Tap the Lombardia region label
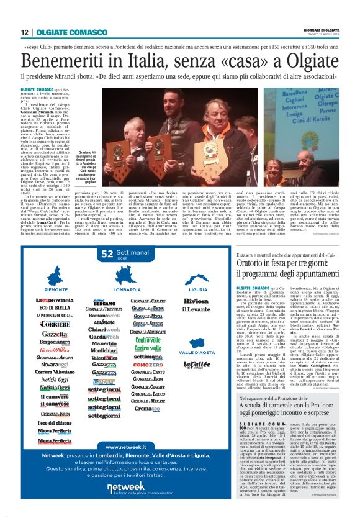coord(127,290)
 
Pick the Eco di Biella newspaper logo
coord(55,308)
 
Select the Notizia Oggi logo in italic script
coord(55,379)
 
